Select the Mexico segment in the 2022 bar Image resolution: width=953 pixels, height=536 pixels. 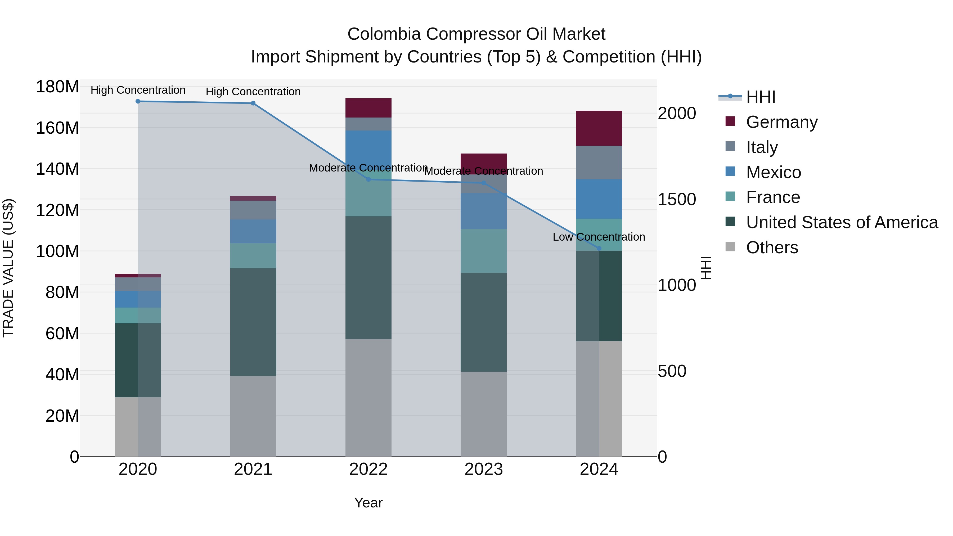point(368,148)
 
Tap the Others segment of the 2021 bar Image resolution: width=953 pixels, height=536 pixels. point(253,416)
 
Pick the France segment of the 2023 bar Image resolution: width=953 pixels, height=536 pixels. point(484,251)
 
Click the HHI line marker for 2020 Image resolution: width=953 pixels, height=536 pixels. point(138,101)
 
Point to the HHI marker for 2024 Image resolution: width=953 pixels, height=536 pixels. point(599,249)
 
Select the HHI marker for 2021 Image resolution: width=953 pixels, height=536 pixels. point(253,103)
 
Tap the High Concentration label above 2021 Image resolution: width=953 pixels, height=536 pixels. point(253,91)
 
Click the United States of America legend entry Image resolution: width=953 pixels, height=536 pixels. point(842,222)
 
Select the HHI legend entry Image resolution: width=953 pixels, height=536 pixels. point(760,97)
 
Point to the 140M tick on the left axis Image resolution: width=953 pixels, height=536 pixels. point(57,169)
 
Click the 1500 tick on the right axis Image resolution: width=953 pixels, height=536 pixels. point(677,199)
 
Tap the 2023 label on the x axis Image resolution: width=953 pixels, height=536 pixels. point(484,469)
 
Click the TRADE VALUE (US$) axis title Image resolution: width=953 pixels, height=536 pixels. point(8,268)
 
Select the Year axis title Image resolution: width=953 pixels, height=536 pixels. point(368,503)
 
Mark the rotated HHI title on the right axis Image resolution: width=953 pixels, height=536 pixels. point(706,268)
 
